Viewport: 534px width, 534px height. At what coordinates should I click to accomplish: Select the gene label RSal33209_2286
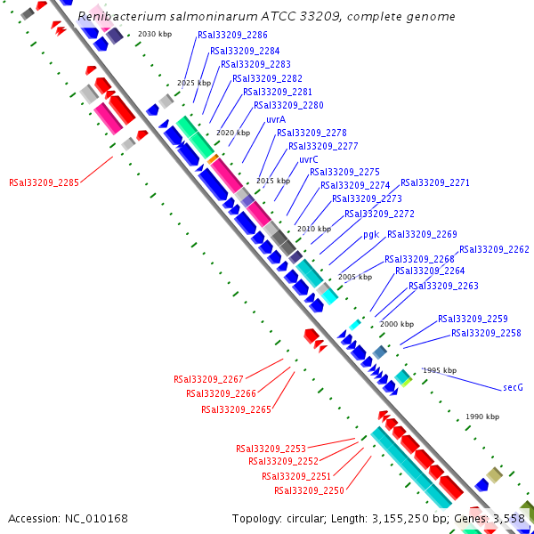(x=231, y=36)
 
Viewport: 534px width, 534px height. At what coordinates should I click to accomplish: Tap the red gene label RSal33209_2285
(x=44, y=182)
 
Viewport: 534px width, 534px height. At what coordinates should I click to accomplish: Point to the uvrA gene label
(x=275, y=119)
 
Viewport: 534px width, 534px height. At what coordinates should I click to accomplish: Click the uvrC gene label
(x=309, y=159)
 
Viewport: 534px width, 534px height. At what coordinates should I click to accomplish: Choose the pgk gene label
(x=371, y=235)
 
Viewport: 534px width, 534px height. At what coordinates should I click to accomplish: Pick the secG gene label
(x=513, y=387)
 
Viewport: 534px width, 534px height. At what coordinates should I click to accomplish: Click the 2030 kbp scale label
(x=155, y=34)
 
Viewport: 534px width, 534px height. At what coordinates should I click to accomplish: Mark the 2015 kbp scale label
(x=272, y=181)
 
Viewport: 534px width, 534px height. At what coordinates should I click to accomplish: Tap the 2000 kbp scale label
(x=396, y=324)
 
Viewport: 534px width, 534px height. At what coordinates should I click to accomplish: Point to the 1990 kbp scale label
(x=482, y=417)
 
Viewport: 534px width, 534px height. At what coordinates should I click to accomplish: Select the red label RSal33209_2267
(x=208, y=379)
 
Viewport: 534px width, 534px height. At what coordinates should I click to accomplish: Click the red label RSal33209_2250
(x=309, y=490)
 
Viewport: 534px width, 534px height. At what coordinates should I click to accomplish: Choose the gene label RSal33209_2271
(x=434, y=182)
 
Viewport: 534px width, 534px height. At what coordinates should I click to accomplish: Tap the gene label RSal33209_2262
(x=494, y=250)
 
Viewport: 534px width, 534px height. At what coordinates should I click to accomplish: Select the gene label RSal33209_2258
(x=486, y=333)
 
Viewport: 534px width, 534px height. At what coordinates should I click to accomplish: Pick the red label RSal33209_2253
(x=271, y=449)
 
